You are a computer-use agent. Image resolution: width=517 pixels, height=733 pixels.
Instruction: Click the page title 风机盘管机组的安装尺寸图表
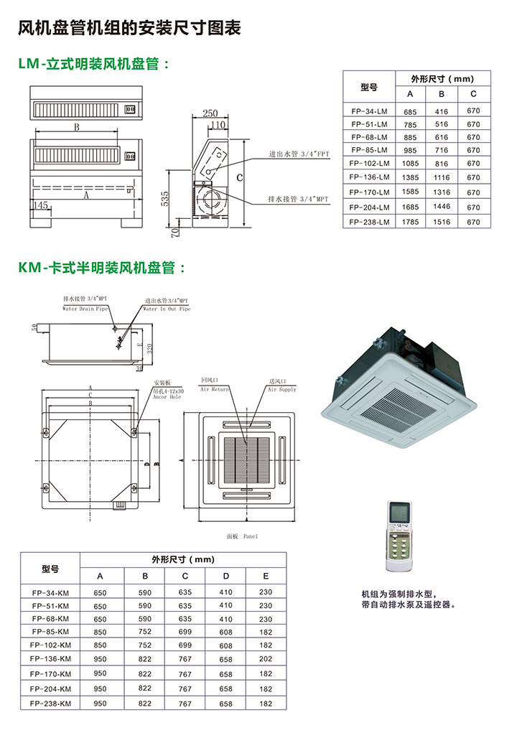point(129,29)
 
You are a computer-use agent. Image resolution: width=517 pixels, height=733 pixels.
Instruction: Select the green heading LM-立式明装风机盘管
point(94,65)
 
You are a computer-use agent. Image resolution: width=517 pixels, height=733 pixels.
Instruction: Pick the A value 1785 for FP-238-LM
point(410,222)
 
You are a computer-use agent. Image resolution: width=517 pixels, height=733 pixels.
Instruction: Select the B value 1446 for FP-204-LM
point(442,207)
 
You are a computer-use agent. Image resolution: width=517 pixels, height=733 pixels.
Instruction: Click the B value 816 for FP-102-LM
point(442,164)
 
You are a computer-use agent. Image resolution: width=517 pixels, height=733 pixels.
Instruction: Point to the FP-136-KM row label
point(50,658)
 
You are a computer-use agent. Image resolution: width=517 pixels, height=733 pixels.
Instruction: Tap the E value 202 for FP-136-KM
point(266,658)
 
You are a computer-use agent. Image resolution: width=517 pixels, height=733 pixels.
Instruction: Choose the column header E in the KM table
point(266,576)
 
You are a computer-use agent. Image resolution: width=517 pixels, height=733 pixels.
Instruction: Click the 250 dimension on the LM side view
point(210,113)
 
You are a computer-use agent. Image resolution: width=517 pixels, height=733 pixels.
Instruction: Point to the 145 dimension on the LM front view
point(41,205)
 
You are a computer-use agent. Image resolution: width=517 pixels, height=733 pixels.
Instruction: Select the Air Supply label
point(282,389)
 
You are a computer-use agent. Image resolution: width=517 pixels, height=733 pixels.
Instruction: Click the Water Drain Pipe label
point(85,309)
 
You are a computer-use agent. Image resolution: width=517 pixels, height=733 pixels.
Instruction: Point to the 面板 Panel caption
point(241,536)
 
